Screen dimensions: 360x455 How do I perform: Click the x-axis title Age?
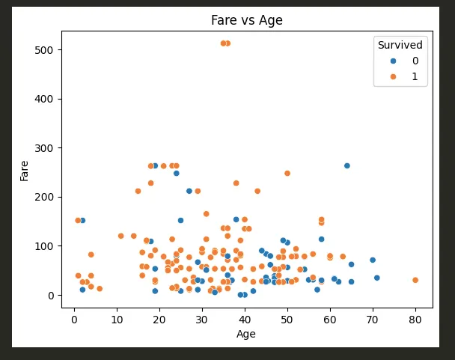pos(246,334)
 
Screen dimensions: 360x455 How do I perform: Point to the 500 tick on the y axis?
pos(46,50)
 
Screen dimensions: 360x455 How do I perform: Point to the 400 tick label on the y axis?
pos(46,99)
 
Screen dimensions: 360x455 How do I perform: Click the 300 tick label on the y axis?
pos(46,148)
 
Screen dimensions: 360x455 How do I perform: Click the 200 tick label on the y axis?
pos(46,198)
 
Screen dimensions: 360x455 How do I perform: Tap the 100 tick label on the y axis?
pos(46,246)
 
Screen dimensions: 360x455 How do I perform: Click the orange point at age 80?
pos(415,280)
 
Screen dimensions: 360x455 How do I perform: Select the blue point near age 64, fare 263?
pos(347,165)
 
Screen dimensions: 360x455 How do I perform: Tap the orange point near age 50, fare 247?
pos(287,173)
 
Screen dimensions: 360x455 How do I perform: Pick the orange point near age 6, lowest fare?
pos(100,288)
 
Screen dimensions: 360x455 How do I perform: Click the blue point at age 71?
pos(377,278)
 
